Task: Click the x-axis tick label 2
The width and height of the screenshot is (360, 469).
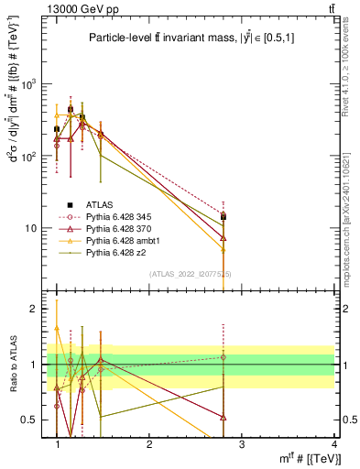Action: pos(149,443)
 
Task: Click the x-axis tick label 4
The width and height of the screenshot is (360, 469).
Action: pos(333,443)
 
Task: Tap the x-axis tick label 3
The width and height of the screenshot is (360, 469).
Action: pos(242,443)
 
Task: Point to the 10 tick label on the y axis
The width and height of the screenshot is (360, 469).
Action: pos(30,228)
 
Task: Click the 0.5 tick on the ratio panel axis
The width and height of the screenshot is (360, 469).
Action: pos(28,420)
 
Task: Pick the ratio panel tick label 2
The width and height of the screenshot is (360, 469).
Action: pos(33,310)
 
